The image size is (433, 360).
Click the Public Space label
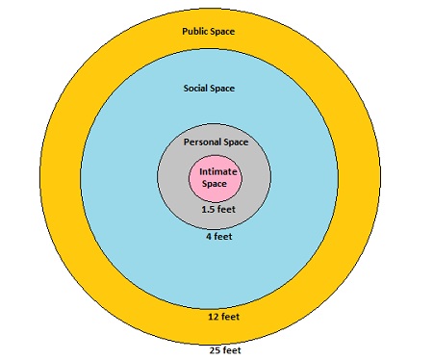tap(209, 32)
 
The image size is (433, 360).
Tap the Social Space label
tap(209, 89)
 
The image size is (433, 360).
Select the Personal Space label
tap(216, 142)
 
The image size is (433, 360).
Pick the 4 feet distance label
tap(216, 235)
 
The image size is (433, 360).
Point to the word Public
tap(195, 32)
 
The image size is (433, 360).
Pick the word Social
tap(196, 89)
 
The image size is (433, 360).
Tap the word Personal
tap(202, 142)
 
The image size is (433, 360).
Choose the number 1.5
tap(206, 208)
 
